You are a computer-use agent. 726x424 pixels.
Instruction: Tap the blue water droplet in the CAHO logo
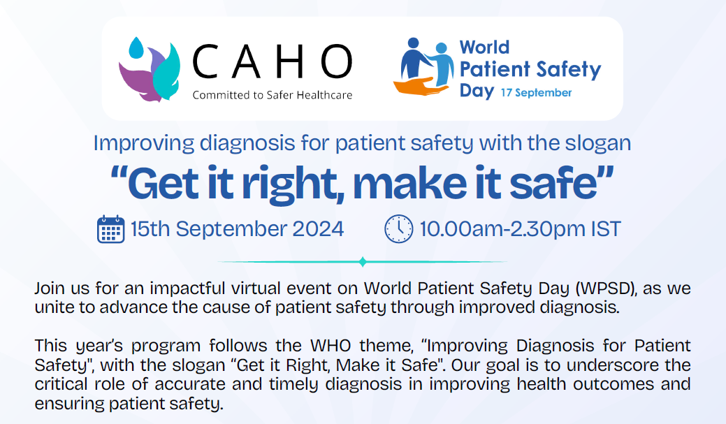136,47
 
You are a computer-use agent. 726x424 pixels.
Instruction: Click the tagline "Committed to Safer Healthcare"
273,96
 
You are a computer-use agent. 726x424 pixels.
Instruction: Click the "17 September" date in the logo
536,93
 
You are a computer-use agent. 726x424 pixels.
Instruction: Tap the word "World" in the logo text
484,47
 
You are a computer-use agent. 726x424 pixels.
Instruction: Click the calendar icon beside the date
110,229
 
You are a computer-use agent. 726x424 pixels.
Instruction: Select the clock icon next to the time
399,228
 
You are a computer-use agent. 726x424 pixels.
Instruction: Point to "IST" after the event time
606,229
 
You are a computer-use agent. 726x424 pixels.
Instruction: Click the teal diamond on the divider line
363,262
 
